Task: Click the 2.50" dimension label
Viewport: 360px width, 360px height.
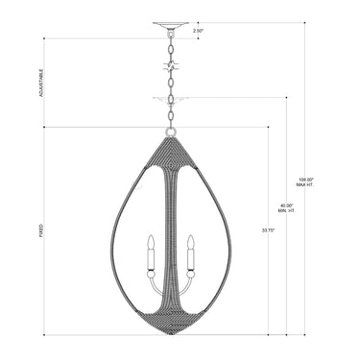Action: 199,32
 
